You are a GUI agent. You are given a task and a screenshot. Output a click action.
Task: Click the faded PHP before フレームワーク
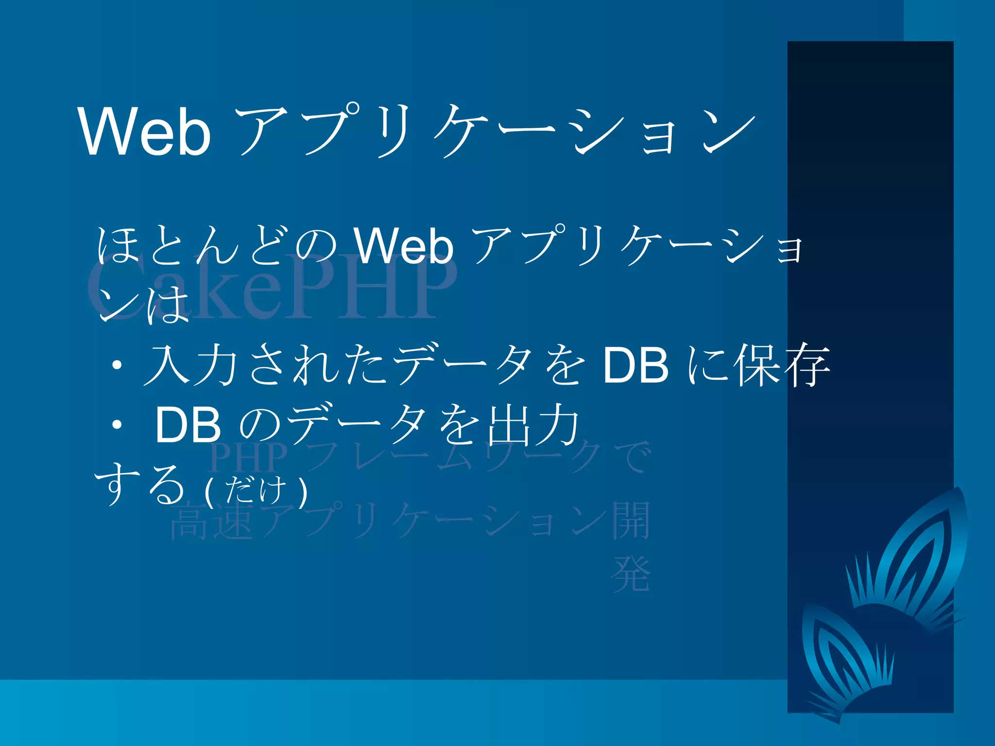[x=248, y=458]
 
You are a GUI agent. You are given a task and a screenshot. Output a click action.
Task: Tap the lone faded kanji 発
[x=631, y=574]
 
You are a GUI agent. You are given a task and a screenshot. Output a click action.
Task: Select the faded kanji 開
[x=631, y=521]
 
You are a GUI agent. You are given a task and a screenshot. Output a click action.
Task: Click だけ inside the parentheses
[x=256, y=490]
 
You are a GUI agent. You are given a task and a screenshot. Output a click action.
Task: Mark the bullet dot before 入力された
[x=117, y=365]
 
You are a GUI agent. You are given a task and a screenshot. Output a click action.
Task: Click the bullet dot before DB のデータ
[x=117, y=425]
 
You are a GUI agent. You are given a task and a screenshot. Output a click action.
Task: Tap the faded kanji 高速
[x=212, y=523]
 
